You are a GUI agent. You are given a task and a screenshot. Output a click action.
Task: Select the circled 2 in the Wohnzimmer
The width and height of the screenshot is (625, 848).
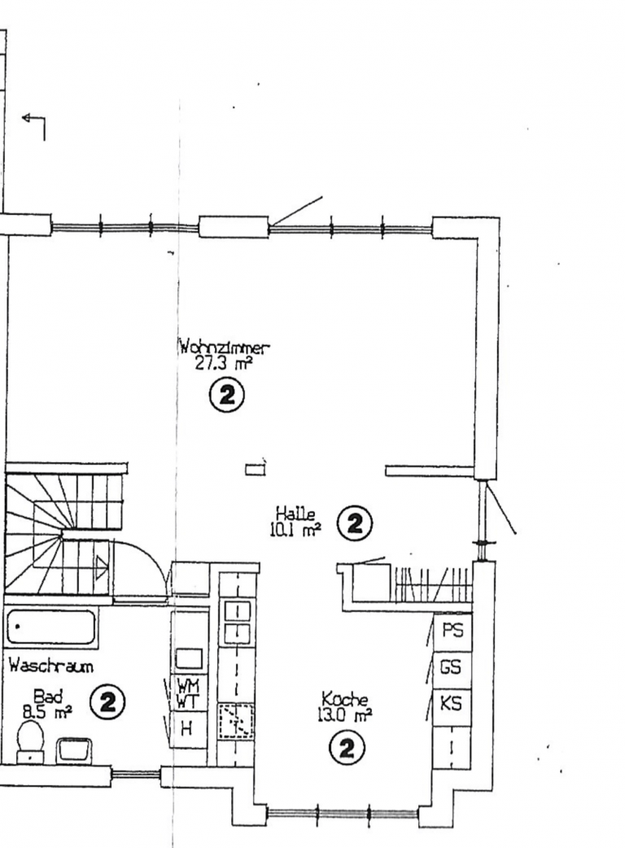226,396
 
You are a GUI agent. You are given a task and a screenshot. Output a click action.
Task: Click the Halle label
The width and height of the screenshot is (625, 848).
295,513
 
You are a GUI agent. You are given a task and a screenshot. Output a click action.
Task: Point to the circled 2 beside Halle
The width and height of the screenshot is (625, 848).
355,523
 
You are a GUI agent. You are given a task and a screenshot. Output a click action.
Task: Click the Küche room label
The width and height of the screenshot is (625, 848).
345,699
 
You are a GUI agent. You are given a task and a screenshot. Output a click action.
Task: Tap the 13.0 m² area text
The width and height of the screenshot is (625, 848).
345,716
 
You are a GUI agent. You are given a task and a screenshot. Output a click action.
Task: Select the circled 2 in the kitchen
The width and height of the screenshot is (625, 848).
347,749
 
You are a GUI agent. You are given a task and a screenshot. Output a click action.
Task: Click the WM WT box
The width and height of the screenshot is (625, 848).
189,693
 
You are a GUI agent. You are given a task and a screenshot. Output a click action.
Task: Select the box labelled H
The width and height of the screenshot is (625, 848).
189,729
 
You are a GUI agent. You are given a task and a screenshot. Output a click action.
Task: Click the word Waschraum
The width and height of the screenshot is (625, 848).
51,666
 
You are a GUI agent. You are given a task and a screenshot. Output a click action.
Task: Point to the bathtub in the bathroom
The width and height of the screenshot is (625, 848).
52,628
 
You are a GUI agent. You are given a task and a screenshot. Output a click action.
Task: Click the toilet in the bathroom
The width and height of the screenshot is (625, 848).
30,741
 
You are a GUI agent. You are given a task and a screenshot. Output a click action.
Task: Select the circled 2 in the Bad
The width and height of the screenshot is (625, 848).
107,702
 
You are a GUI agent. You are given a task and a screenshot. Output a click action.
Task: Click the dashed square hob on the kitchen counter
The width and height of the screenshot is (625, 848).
236,721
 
